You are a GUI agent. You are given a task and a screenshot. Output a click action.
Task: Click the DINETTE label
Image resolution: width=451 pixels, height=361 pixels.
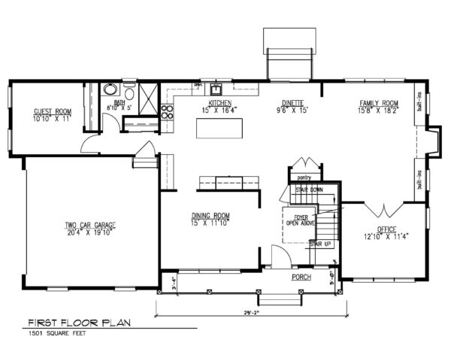(x=292, y=103)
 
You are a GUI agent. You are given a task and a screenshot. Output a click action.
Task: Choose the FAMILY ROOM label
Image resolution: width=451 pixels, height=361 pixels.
(x=378, y=103)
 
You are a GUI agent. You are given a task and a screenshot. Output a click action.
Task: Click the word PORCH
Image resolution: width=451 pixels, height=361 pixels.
(x=301, y=278)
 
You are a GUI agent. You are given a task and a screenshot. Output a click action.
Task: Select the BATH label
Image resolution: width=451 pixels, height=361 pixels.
(x=119, y=102)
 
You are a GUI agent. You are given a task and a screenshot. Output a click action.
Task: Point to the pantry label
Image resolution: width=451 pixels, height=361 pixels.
(x=304, y=178)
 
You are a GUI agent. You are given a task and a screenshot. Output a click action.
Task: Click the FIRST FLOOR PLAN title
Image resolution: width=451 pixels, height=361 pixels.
(x=79, y=323)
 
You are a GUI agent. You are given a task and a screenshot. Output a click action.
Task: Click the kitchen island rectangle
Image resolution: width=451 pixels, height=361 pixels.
(x=220, y=129)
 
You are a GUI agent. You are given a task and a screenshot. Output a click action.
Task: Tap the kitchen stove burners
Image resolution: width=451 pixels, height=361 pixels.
(x=167, y=112)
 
